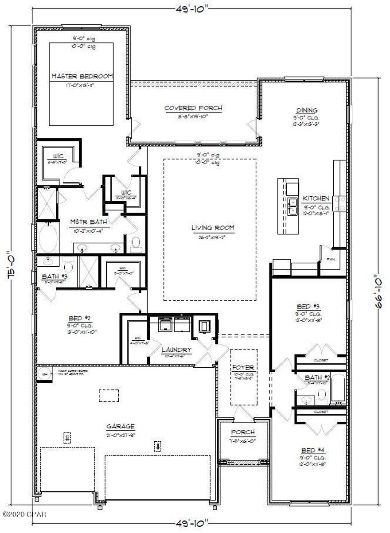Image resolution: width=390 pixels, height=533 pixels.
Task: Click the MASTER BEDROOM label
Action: (x=82, y=76)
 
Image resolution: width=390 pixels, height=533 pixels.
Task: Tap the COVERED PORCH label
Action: (x=193, y=108)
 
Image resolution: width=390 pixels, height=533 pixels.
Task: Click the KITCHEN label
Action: (x=316, y=198)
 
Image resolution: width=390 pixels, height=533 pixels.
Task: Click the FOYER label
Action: (x=243, y=367)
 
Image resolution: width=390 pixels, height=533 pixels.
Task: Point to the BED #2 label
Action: (x=80, y=318)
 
